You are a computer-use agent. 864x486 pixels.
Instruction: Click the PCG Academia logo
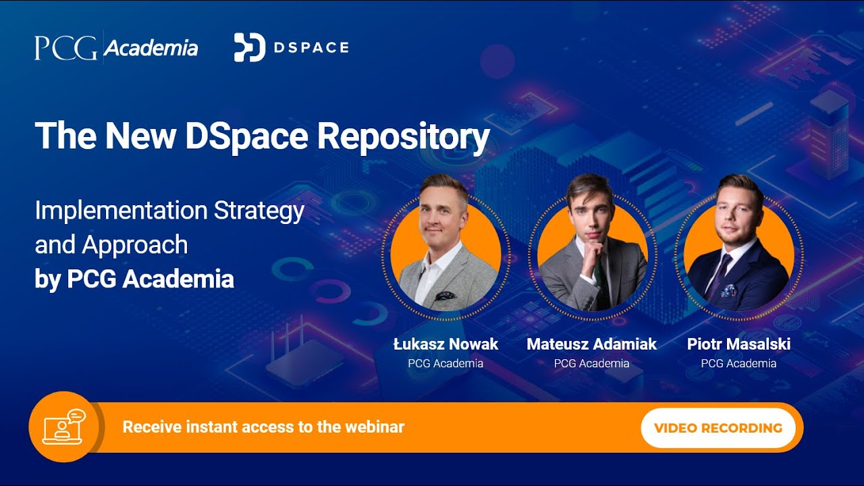click(116, 48)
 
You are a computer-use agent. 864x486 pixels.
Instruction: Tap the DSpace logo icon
click(249, 47)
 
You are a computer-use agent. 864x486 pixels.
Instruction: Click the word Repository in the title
click(404, 136)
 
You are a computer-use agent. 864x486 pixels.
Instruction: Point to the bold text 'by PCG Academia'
click(134, 279)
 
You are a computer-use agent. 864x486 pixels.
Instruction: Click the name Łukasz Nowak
click(446, 344)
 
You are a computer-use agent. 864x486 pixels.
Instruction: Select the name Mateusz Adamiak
click(591, 344)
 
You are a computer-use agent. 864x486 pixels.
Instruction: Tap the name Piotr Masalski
click(738, 344)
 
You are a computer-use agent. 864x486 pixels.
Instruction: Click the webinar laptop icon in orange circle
click(63, 427)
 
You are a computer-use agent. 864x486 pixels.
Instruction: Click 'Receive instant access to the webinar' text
click(263, 427)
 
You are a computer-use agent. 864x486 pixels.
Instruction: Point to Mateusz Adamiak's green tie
click(598, 283)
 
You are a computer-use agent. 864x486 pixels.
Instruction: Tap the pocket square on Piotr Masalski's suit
click(727, 290)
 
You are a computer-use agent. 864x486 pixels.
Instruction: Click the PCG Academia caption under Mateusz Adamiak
click(591, 364)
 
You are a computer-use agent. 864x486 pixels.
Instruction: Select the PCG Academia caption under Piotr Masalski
click(738, 364)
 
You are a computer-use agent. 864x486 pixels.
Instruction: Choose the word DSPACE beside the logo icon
click(311, 47)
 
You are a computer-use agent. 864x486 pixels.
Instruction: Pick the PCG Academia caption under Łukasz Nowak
click(446, 364)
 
